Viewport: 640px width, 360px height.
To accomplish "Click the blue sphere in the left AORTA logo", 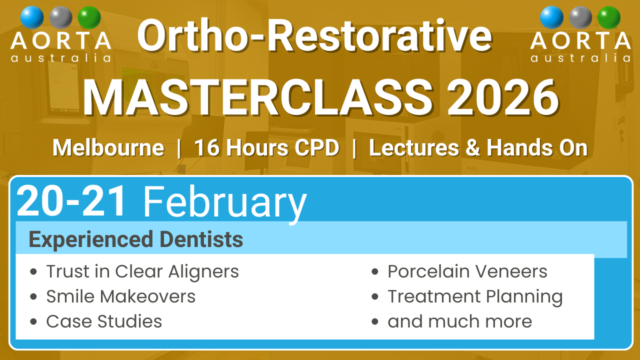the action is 32,17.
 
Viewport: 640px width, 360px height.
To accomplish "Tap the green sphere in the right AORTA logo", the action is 609,17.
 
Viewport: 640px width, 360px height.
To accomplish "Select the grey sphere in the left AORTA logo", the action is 60,17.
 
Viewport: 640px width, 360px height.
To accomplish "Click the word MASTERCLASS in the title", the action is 257,97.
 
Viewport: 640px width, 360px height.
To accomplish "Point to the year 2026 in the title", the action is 503,97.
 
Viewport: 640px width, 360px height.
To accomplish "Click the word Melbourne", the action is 108,147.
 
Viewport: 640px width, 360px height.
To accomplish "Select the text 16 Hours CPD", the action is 266,147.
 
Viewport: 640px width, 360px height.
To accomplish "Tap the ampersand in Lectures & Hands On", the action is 472,147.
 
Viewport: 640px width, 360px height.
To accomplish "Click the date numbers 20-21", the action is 71,201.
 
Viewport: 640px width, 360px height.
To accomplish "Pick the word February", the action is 225,204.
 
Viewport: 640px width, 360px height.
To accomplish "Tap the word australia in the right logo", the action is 580,58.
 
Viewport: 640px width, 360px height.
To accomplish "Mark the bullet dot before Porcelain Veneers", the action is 375,271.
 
